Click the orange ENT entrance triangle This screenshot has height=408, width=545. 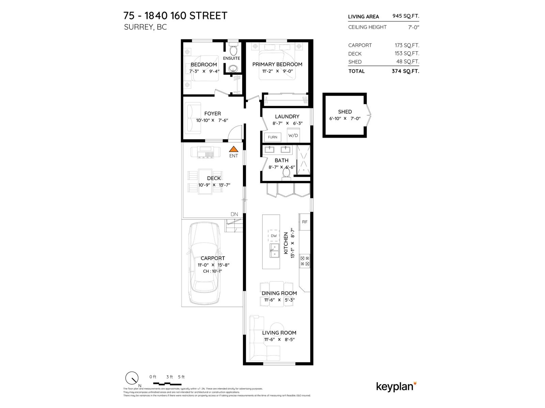tap(233, 149)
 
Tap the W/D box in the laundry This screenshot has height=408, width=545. tap(293, 135)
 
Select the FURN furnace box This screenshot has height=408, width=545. tap(272, 137)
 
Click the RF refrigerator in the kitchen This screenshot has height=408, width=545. tap(305, 222)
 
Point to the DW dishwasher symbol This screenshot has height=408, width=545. tap(274, 236)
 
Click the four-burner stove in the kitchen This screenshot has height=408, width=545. tap(305, 261)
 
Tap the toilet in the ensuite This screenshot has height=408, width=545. tap(233, 50)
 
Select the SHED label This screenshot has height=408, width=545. tap(345, 112)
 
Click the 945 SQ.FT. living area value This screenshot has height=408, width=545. tap(406, 16)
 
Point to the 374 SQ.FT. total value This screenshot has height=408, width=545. tap(405, 71)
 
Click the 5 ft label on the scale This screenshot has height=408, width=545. tap(181, 377)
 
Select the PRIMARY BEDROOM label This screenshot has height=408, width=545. tap(277, 64)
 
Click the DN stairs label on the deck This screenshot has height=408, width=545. tap(234, 214)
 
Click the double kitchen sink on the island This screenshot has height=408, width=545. tap(275, 251)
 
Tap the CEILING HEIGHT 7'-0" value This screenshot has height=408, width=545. tap(414, 27)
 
